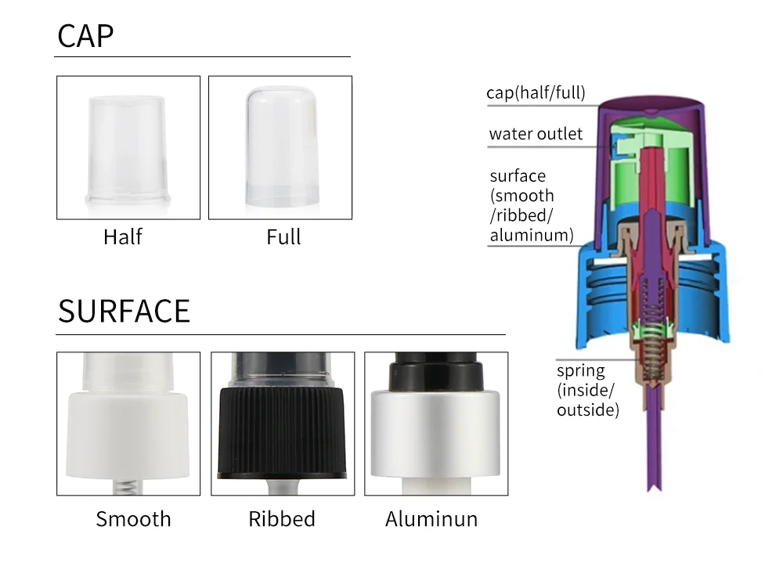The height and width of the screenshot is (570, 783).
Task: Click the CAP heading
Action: tap(85, 36)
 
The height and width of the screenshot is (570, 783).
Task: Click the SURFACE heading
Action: tap(124, 311)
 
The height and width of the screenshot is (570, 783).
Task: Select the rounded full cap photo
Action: tap(282, 146)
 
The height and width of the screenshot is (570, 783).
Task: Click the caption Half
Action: tap(123, 236)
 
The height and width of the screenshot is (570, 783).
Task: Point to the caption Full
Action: tap(283, 236)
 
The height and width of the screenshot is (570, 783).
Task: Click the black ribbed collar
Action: tap(282, 433)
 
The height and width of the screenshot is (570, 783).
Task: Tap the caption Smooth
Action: tap(133, 519)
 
